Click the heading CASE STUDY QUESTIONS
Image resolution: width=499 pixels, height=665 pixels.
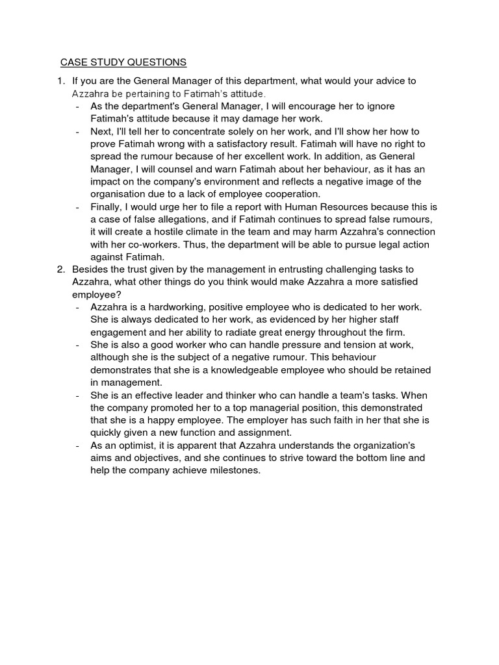[123, 62]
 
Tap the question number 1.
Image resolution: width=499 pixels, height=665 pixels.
[60, 81]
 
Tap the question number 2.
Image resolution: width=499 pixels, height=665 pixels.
[60, 269]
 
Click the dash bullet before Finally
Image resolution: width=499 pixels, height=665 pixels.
[78, 207]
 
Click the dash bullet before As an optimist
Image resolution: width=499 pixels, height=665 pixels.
[78, 445]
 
